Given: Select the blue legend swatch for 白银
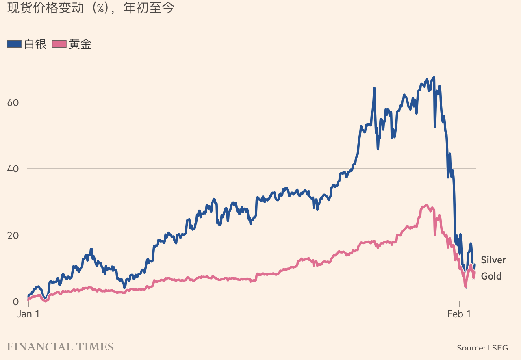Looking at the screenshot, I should tap(14, 44).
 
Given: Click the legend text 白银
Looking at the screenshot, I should tap(35, 44).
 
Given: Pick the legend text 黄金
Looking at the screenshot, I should tap(80, 44).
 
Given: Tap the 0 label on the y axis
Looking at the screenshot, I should tap(16, 301).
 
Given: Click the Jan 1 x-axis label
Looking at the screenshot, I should tap(29, 314).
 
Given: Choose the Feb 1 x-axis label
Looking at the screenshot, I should tap(460, 314).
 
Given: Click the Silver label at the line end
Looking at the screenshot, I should tap(493, 260).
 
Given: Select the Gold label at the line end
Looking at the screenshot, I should tap(491, 276).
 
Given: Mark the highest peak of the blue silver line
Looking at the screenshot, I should tap(434, 78).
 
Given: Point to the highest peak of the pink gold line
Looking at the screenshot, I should tap(426, 206).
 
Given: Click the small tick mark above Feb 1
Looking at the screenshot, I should tap(459, 304).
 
